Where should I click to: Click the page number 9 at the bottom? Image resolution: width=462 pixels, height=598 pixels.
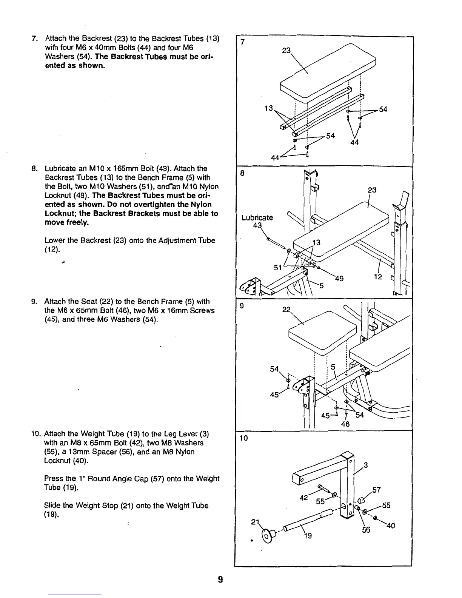tap(220, 580)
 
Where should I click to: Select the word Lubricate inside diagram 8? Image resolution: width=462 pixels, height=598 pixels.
tap(257, 217)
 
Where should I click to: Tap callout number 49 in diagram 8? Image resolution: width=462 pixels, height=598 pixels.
tap(339, 279)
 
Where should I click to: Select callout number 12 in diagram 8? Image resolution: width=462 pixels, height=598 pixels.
tap(378, 277)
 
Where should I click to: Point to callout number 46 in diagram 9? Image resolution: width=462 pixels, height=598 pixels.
tap(345, 424)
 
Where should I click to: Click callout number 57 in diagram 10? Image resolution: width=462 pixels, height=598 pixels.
tap(376, 490)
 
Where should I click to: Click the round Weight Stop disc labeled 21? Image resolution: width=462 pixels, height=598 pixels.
tap(267, 535)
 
